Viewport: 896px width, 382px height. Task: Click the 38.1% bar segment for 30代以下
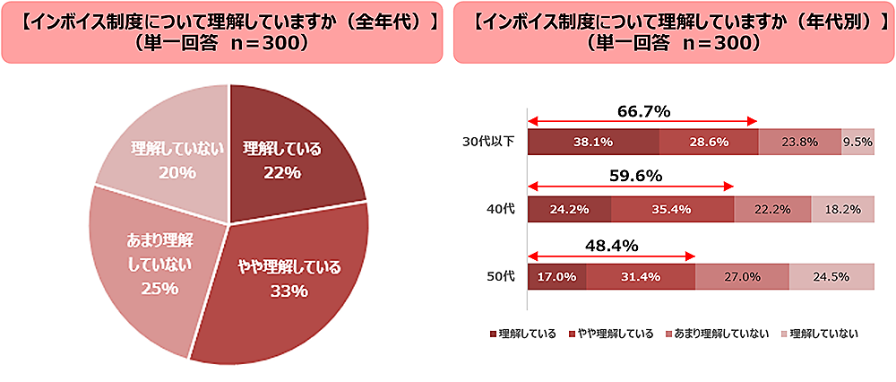[x=593, y=142]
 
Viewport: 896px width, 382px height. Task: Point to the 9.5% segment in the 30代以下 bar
[x=857, y=142]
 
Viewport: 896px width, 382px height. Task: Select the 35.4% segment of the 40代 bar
[x=672, y=209]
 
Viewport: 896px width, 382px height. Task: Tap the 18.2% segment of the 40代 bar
[x=842, y=209]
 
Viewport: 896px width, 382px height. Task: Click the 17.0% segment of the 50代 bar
[x=556, y=277]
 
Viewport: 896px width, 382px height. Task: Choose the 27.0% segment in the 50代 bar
[x=742, y=277]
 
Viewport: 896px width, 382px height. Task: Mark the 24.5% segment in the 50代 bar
[x=831, y=277]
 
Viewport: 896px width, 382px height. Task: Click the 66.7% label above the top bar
[x=643, y=112]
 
